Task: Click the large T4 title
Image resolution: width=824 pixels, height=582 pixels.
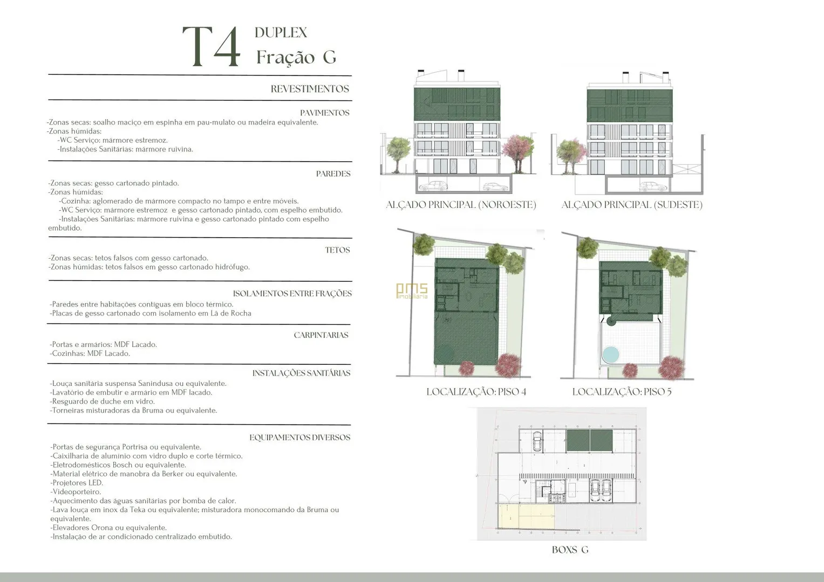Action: tap(212, 47)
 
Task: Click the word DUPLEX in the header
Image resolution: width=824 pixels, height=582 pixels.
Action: tap(281, 33)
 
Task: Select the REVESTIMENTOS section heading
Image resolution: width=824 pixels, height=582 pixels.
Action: tap(310, 89)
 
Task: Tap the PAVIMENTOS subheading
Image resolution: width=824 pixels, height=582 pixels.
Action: tap(324, 113)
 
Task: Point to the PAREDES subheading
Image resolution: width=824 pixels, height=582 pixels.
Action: tap(333, 174)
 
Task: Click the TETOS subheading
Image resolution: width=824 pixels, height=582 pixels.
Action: tap(337, 250)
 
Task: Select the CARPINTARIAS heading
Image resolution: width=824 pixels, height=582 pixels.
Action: tap(321, 335)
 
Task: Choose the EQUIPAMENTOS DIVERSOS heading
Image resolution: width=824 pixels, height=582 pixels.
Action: tap(300, 438)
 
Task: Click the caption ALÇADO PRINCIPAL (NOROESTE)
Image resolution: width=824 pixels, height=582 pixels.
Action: tap(461, 205)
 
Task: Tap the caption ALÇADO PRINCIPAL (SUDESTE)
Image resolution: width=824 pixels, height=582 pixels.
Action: tap(632, 205)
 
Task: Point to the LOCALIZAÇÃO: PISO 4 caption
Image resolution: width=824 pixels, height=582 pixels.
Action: tap(476, 392)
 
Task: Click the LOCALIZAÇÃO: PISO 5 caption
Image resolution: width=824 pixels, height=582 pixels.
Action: tap(622, 392)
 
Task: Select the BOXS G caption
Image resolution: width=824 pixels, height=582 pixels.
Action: tap(570, 550)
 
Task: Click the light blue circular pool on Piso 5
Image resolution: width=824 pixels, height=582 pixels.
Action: tap(611, 355)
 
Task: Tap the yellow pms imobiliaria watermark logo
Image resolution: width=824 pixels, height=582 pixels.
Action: tap(412, 290)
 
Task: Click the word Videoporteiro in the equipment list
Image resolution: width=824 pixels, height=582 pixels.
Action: tap(77, 492)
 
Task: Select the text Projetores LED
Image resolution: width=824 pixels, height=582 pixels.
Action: tap(78, 483)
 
